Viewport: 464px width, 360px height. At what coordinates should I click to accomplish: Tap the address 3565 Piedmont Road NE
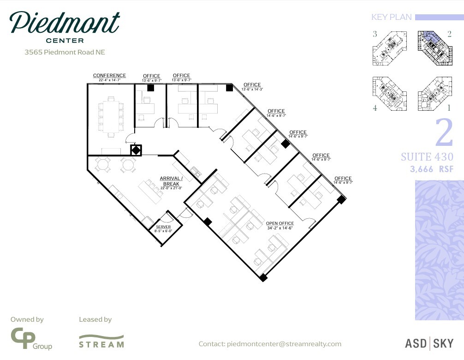tap(65, 52)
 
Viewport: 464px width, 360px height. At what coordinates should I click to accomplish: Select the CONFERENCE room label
tap(109, 76)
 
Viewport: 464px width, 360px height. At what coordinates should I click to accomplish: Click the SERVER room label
tap(163, 227)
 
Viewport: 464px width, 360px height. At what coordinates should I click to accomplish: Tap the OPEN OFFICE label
tap(280, 223)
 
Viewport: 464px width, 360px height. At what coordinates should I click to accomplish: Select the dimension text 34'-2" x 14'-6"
tap(280, 228)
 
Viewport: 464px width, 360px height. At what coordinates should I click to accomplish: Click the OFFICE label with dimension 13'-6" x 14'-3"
tap(252, 85)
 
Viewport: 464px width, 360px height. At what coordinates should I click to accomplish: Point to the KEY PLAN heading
tap(392, 18)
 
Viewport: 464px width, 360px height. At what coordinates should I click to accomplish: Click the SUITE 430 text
tap(427, 157)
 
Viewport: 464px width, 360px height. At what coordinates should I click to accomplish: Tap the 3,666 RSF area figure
tap(432, 169)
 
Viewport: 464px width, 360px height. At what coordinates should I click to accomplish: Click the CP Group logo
tap(31, 339)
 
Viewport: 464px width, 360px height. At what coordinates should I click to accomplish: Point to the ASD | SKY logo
tap(429, 343)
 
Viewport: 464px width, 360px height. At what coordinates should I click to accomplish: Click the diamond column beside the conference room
tap(136, 150)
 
